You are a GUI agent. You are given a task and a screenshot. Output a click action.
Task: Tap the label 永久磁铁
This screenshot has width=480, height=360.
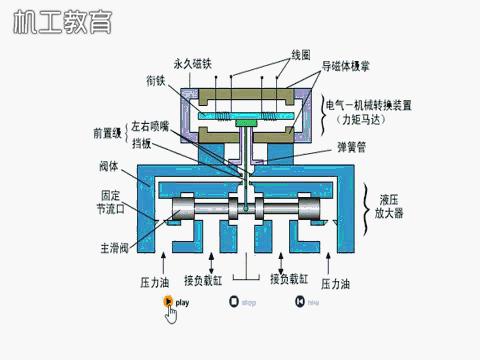coord(193,63)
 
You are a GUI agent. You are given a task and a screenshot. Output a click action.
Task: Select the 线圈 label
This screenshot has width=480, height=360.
coord(300,52)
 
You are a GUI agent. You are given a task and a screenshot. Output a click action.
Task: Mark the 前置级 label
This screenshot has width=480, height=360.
coord(107,131)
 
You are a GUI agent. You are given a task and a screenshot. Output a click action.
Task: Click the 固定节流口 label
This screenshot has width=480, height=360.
coord(112,203)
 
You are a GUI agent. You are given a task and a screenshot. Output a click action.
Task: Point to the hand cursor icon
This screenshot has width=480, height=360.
coord(171,314)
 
